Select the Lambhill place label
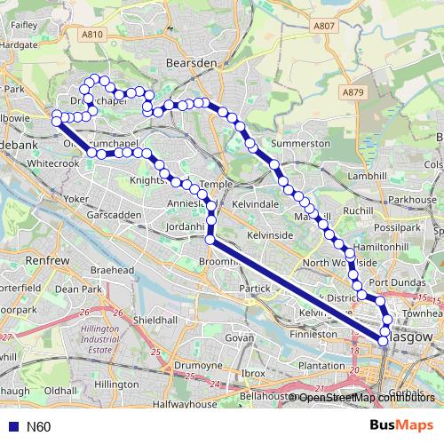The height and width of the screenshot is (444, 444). (x=364, y=176)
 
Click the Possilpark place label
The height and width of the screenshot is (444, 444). (x=398, y=228)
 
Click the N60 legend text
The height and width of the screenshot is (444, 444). (x=39, y=427)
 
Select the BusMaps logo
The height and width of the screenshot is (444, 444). (x=401, y=426)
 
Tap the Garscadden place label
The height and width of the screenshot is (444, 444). (x=115, y=216)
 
